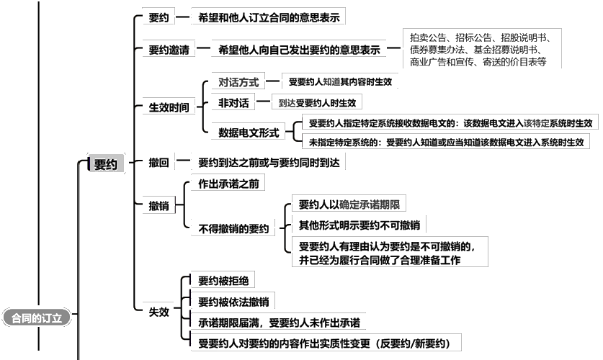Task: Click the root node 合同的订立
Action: coord(37,318)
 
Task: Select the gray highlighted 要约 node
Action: coord(106,164)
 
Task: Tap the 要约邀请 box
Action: coord(169,50)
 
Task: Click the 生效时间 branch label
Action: coord(169,107)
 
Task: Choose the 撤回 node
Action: coord(158,163)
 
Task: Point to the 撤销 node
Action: coord(158,206)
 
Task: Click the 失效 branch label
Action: coord(158,312)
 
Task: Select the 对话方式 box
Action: coord(238,82)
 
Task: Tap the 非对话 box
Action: coord(233,102)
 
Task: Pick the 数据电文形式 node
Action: coord(248,132)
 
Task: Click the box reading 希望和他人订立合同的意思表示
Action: coord(269,17)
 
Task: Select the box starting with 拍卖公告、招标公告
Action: coord(482,49)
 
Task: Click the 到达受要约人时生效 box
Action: coord(317,102)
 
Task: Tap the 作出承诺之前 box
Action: coord(228,184)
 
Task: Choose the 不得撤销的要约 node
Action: coord(233,229)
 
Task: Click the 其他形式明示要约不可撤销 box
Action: coord(359,225)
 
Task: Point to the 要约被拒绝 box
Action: coord(223,281)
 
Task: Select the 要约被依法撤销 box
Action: coord(233,302)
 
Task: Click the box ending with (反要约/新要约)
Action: coord(326,343)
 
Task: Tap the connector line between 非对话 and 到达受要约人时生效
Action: coord(263,102)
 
